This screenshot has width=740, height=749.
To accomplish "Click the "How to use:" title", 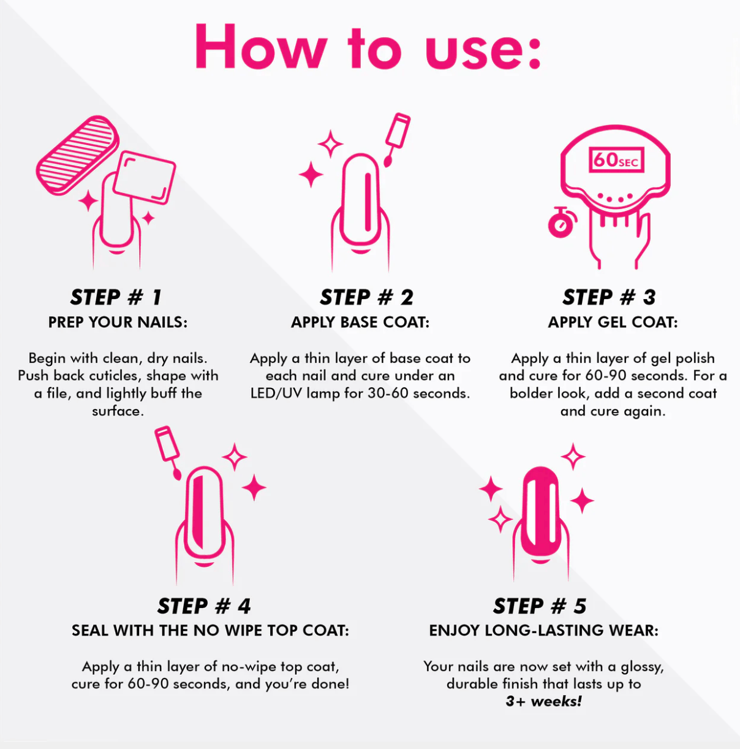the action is tap(368, 47).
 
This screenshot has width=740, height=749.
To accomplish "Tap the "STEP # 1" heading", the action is tap(116, 297).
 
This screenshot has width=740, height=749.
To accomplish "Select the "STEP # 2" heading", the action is tap(366, 297).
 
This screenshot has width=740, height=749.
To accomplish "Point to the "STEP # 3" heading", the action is tap(609, 297).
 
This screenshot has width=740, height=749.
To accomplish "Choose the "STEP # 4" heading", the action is tap(204, 606).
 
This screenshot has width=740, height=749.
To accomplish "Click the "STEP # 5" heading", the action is tap(540, 606).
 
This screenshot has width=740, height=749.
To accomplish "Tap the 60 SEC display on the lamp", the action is tap(616, 160).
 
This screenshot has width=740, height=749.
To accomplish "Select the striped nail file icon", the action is tap(78, 155).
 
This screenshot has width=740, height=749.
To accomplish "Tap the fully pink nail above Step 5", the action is tap(541, 512).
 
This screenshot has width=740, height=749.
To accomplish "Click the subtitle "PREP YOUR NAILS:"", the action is tap(118, 322).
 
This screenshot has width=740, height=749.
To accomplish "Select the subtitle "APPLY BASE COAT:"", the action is tap(360, 322).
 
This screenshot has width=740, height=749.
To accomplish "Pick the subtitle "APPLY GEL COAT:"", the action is tap(613, 322).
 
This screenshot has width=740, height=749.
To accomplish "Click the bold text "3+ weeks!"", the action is tap(544, 701).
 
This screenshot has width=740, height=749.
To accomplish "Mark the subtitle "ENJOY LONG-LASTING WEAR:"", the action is tap(544, 631).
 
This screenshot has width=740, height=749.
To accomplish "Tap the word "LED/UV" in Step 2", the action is tap(276, 394).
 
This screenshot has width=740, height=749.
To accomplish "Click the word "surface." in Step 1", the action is tap(118, 411).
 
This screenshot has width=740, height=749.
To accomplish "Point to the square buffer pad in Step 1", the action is tap(144, 178).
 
